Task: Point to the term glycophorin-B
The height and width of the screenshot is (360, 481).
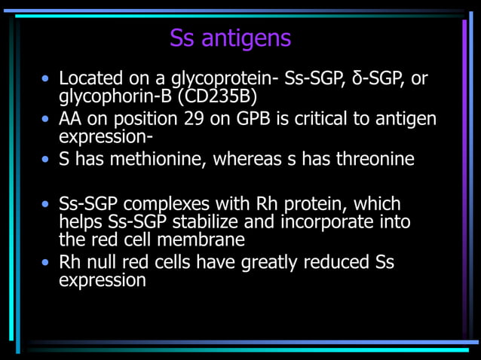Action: click(116, 96)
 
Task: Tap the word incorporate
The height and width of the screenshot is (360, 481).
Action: click(332, 222)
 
